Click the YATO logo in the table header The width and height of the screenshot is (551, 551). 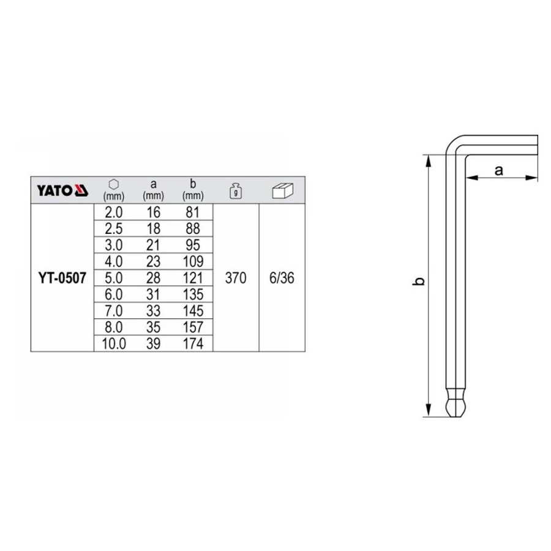[x=62, y=190]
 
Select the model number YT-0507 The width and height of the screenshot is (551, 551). [x=62, y=278]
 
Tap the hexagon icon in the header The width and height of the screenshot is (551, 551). [x=113, y=184]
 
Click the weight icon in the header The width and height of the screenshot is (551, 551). [x=236, y=191]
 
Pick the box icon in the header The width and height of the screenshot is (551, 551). [x=282, y=190]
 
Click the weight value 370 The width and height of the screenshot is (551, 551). [x=236, y=278]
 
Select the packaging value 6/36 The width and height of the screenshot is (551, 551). [x=282, y=278]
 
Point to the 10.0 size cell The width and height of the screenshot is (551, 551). [x=113, y=343]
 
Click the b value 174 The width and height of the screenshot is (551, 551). [x=193, y=343]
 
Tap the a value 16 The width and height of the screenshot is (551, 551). [x=153, y=212]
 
